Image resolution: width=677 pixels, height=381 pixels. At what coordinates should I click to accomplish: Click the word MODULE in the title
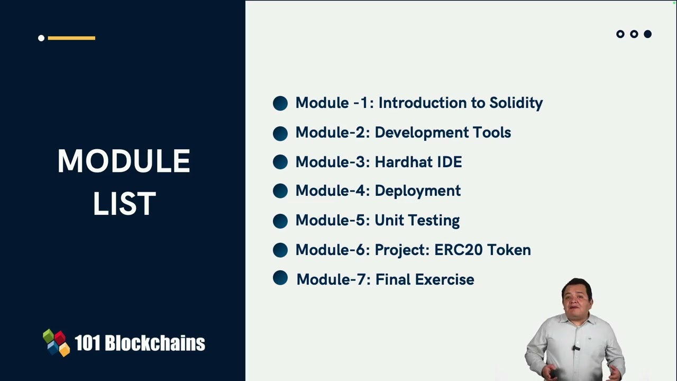click(124, 161)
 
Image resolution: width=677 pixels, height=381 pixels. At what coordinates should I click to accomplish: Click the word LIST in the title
click(124, 204)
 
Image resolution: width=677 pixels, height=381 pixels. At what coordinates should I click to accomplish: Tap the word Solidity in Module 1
click(516, 103)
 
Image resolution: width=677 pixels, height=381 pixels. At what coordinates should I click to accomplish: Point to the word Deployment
click(417, 191)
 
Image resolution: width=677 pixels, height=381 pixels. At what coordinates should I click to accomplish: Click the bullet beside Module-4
click(280, 191)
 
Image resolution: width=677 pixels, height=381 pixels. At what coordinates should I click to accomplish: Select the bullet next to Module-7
click(280, 278)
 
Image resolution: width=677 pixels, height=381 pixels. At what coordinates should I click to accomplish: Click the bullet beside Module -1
click(280, 103)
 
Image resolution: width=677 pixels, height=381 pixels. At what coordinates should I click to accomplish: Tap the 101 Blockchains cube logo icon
click(57, 343)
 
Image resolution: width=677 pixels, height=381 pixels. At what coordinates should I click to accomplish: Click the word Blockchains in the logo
click(154, 343)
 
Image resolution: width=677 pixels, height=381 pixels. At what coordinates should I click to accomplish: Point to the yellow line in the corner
click(71, 38)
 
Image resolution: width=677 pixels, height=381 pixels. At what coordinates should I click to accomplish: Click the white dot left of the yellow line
click(41, 38)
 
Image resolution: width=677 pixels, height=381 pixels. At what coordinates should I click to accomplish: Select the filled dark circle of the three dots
click(647, 34)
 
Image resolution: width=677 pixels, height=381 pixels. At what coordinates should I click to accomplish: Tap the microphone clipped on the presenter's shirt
click(576, 348)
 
